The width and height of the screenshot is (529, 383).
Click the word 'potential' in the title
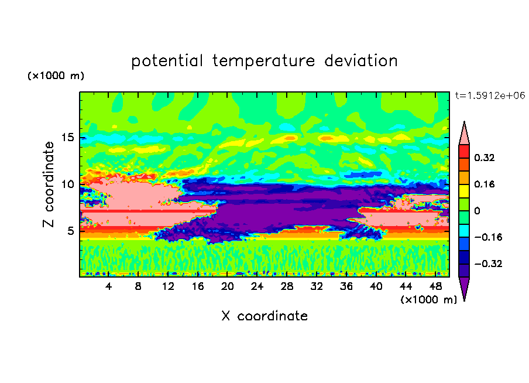[167, 61]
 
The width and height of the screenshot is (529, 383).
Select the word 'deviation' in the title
[361, 61]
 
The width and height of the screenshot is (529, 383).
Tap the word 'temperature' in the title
[263, 61]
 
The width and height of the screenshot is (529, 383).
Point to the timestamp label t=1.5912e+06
[490, 95]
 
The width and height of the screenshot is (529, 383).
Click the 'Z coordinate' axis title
[49, 184]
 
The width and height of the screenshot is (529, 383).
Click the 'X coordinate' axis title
[264, 316]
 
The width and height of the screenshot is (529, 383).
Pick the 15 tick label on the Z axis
[67, 138]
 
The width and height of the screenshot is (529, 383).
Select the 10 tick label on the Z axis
[67, 184]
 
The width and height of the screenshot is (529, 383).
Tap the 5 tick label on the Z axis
[70, 231]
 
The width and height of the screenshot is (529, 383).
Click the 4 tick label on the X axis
[108, 286]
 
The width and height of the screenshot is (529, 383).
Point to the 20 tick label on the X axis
[228, 286]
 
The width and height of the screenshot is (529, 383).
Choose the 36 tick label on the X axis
[346, 286]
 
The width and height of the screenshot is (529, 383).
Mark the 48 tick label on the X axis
[435, 286]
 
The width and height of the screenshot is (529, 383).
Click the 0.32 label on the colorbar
[485, 158]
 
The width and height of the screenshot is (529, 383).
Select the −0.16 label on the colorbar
[489, 237]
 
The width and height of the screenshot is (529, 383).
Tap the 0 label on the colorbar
[477, 211]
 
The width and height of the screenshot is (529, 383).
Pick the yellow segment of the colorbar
[464, 191]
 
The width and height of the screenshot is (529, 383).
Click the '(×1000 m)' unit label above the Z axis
[56, 76]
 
